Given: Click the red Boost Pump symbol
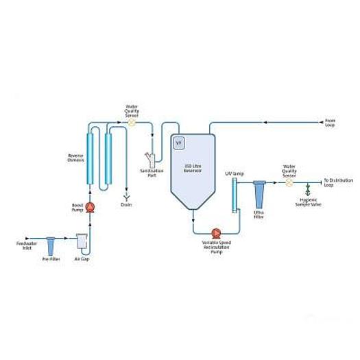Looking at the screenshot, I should (90, 206).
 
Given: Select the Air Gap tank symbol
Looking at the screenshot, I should (82, 241).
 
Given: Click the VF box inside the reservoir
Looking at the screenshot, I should (180, 143).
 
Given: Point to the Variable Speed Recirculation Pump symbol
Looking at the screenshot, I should (217, 232).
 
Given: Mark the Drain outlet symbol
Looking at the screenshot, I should (125, 196).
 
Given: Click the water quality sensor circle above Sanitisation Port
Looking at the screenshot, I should (132, 123).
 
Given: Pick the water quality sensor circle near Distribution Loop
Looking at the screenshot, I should (289, 182).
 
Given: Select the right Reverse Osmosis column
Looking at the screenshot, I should (108, 158).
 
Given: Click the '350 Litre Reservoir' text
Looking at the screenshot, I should (193, 168).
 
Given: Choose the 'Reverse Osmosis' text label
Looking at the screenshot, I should (75, 158).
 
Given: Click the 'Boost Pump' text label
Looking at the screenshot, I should (77, 206).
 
